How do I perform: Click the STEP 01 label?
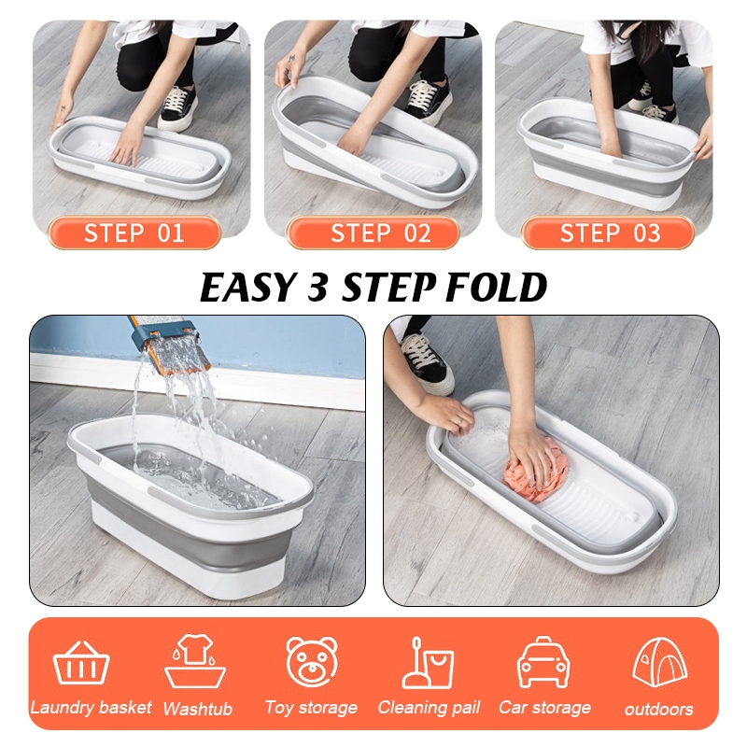pos(134,233)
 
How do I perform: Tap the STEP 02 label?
pos(372,233)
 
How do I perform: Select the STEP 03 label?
pos(608,233)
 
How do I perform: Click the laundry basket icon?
pos(81,663)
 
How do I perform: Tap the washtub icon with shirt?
pos(195,661)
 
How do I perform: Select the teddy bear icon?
pos(312,662)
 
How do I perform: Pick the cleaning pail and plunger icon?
pos(428,663)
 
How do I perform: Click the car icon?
pos(543,662)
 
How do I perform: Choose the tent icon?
pos(660,662)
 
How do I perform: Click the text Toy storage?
pos(311,708)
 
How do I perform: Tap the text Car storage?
pos(544,708)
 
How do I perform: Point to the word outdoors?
pos(659,710)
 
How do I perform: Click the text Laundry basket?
pos(91,708)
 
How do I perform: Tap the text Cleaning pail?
pos(429,708)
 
